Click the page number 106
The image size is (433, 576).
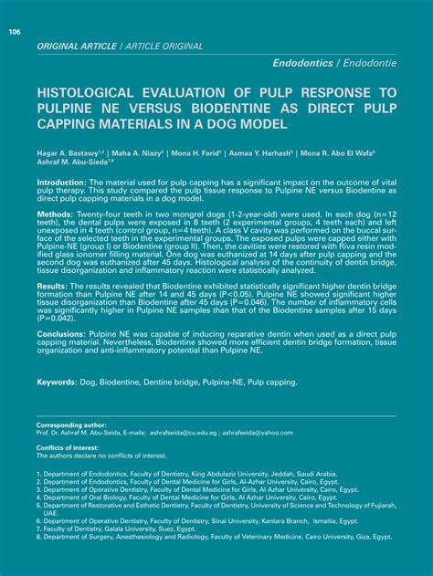pos(15,33)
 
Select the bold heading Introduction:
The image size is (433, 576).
pos(61,183)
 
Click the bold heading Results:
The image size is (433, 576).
pos(54,286)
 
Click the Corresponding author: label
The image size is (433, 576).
pos(71,425)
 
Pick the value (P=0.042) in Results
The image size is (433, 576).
pos(58,319)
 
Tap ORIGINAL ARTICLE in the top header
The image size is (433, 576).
pos(72,45)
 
